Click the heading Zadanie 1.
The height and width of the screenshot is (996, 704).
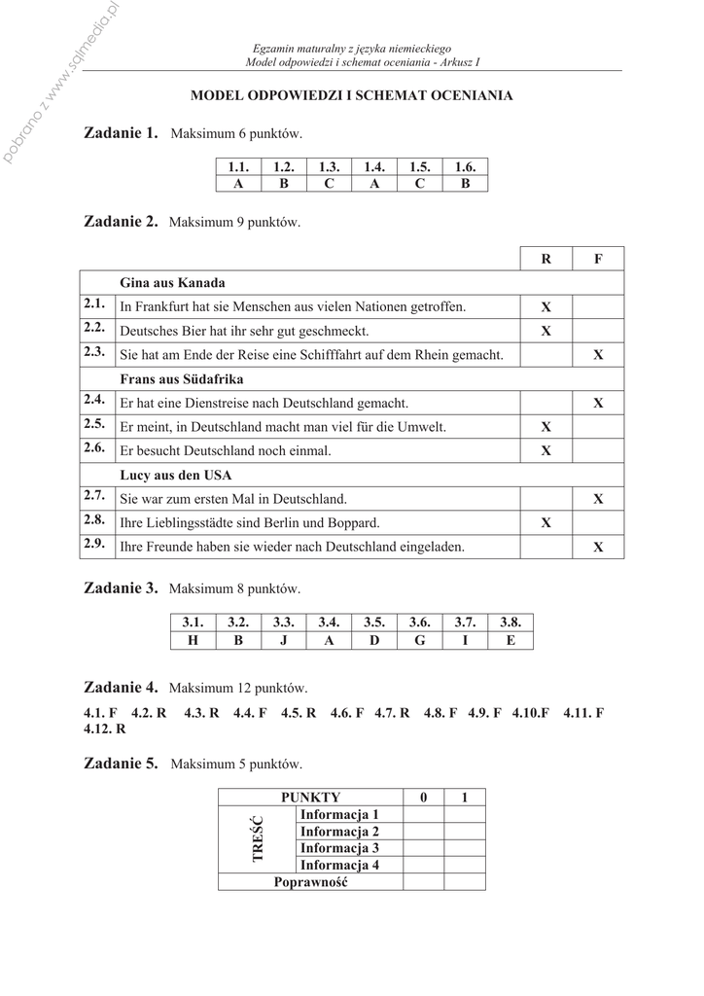[121, 132]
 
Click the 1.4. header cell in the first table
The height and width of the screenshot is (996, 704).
[374, 167]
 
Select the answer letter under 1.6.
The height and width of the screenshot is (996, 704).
[465, 183]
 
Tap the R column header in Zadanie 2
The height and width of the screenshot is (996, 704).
[546, 259]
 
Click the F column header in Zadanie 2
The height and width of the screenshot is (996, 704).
[598, 259]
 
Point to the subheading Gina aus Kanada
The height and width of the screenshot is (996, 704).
[172, 283]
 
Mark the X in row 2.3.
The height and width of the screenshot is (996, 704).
[598, 355]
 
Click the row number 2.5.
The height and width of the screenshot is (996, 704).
[94, 425]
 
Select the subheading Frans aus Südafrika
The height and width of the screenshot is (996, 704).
[181, 378]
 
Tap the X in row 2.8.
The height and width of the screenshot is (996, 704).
[546, 522]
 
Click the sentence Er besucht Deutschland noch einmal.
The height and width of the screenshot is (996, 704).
[225, 450]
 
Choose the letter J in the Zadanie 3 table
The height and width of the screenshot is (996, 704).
[284, 640]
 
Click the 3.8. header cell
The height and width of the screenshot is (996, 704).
[510, 622]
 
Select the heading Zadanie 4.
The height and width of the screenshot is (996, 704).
[121, 687]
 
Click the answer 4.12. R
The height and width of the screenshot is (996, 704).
[106, 728]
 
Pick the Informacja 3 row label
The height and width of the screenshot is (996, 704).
[339, 848]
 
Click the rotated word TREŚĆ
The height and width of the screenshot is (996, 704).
[258, 839]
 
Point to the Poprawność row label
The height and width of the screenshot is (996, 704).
[310, 882]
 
